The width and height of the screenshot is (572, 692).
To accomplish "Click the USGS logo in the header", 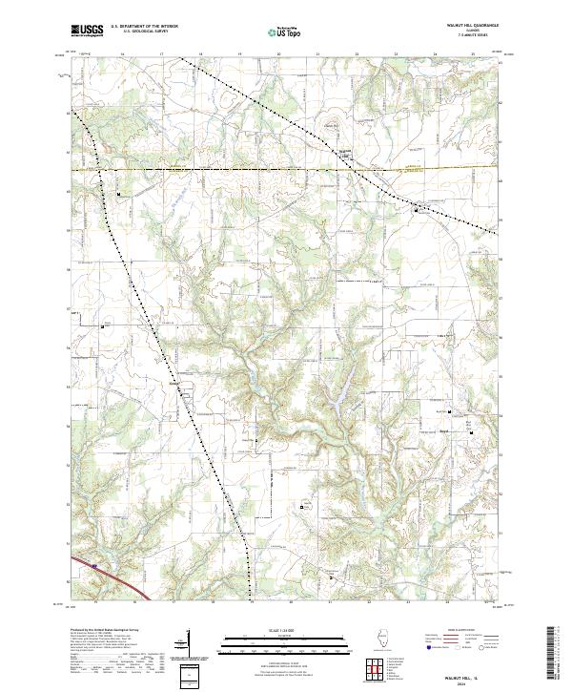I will pyautogui.click(x=87, y=31).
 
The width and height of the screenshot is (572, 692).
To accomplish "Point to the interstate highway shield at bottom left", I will pyautogui.click(x=94, y=565).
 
